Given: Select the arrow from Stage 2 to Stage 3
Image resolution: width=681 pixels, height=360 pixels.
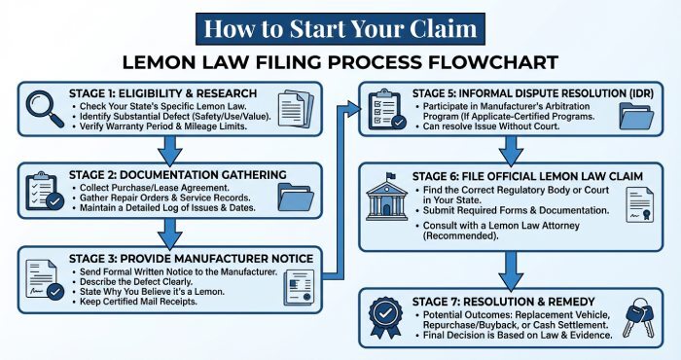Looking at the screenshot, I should pos(170,232).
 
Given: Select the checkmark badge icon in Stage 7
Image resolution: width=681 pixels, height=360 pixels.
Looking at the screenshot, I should pos(388,316).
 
